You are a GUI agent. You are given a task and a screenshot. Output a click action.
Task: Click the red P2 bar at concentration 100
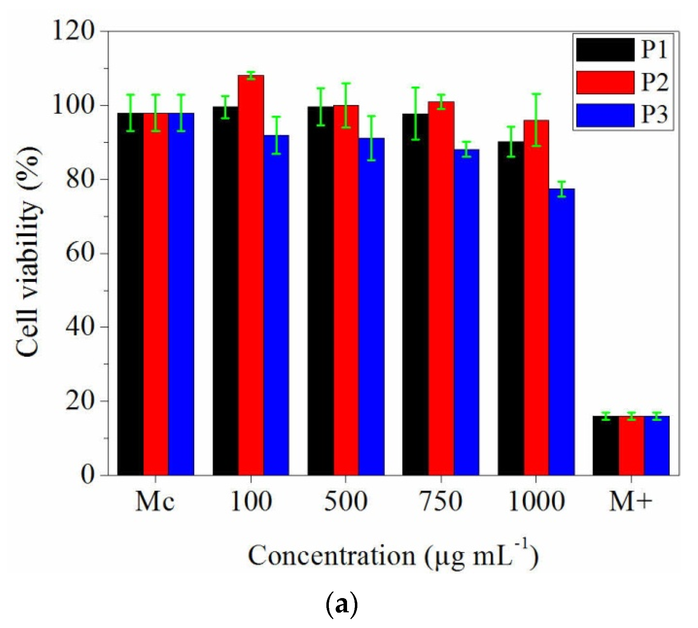coord(251,274)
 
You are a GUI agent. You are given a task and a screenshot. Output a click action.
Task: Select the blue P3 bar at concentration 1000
coord(562,331)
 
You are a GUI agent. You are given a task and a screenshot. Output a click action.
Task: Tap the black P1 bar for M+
coord(606,446)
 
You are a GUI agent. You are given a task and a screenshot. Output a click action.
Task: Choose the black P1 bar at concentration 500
coord(321,290)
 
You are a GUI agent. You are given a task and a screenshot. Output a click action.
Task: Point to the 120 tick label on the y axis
coord(74,31)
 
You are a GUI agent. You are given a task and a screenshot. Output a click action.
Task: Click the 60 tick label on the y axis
coord(79,253)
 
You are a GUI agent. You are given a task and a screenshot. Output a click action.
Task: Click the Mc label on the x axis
coord(155,502)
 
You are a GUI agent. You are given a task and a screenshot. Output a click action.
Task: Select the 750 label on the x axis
coord(441,502)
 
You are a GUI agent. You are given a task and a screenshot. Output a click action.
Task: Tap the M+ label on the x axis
coord(631,502)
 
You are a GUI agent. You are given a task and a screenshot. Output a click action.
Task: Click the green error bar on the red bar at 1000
coord(536,120)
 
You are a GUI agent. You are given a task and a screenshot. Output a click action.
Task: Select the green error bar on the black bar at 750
coord(416,113)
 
